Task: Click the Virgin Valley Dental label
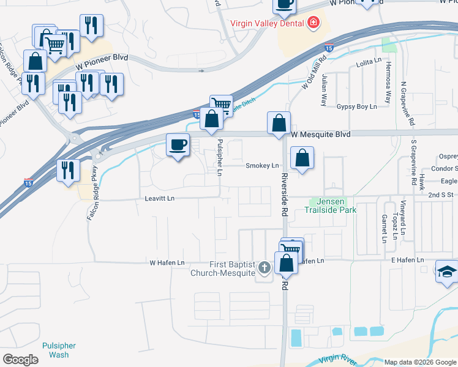(267, 24)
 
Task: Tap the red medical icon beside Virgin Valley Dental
(313, 23)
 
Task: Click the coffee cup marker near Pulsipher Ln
(178, 146)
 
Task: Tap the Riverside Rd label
(285, 195)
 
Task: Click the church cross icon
(265, 267)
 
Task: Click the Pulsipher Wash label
(59, 350)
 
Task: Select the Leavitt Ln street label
(159, 199)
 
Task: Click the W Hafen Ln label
(167, 262)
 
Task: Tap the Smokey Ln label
(262, 166)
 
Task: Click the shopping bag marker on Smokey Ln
(302, 158)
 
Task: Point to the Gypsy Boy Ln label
(356, 106)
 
